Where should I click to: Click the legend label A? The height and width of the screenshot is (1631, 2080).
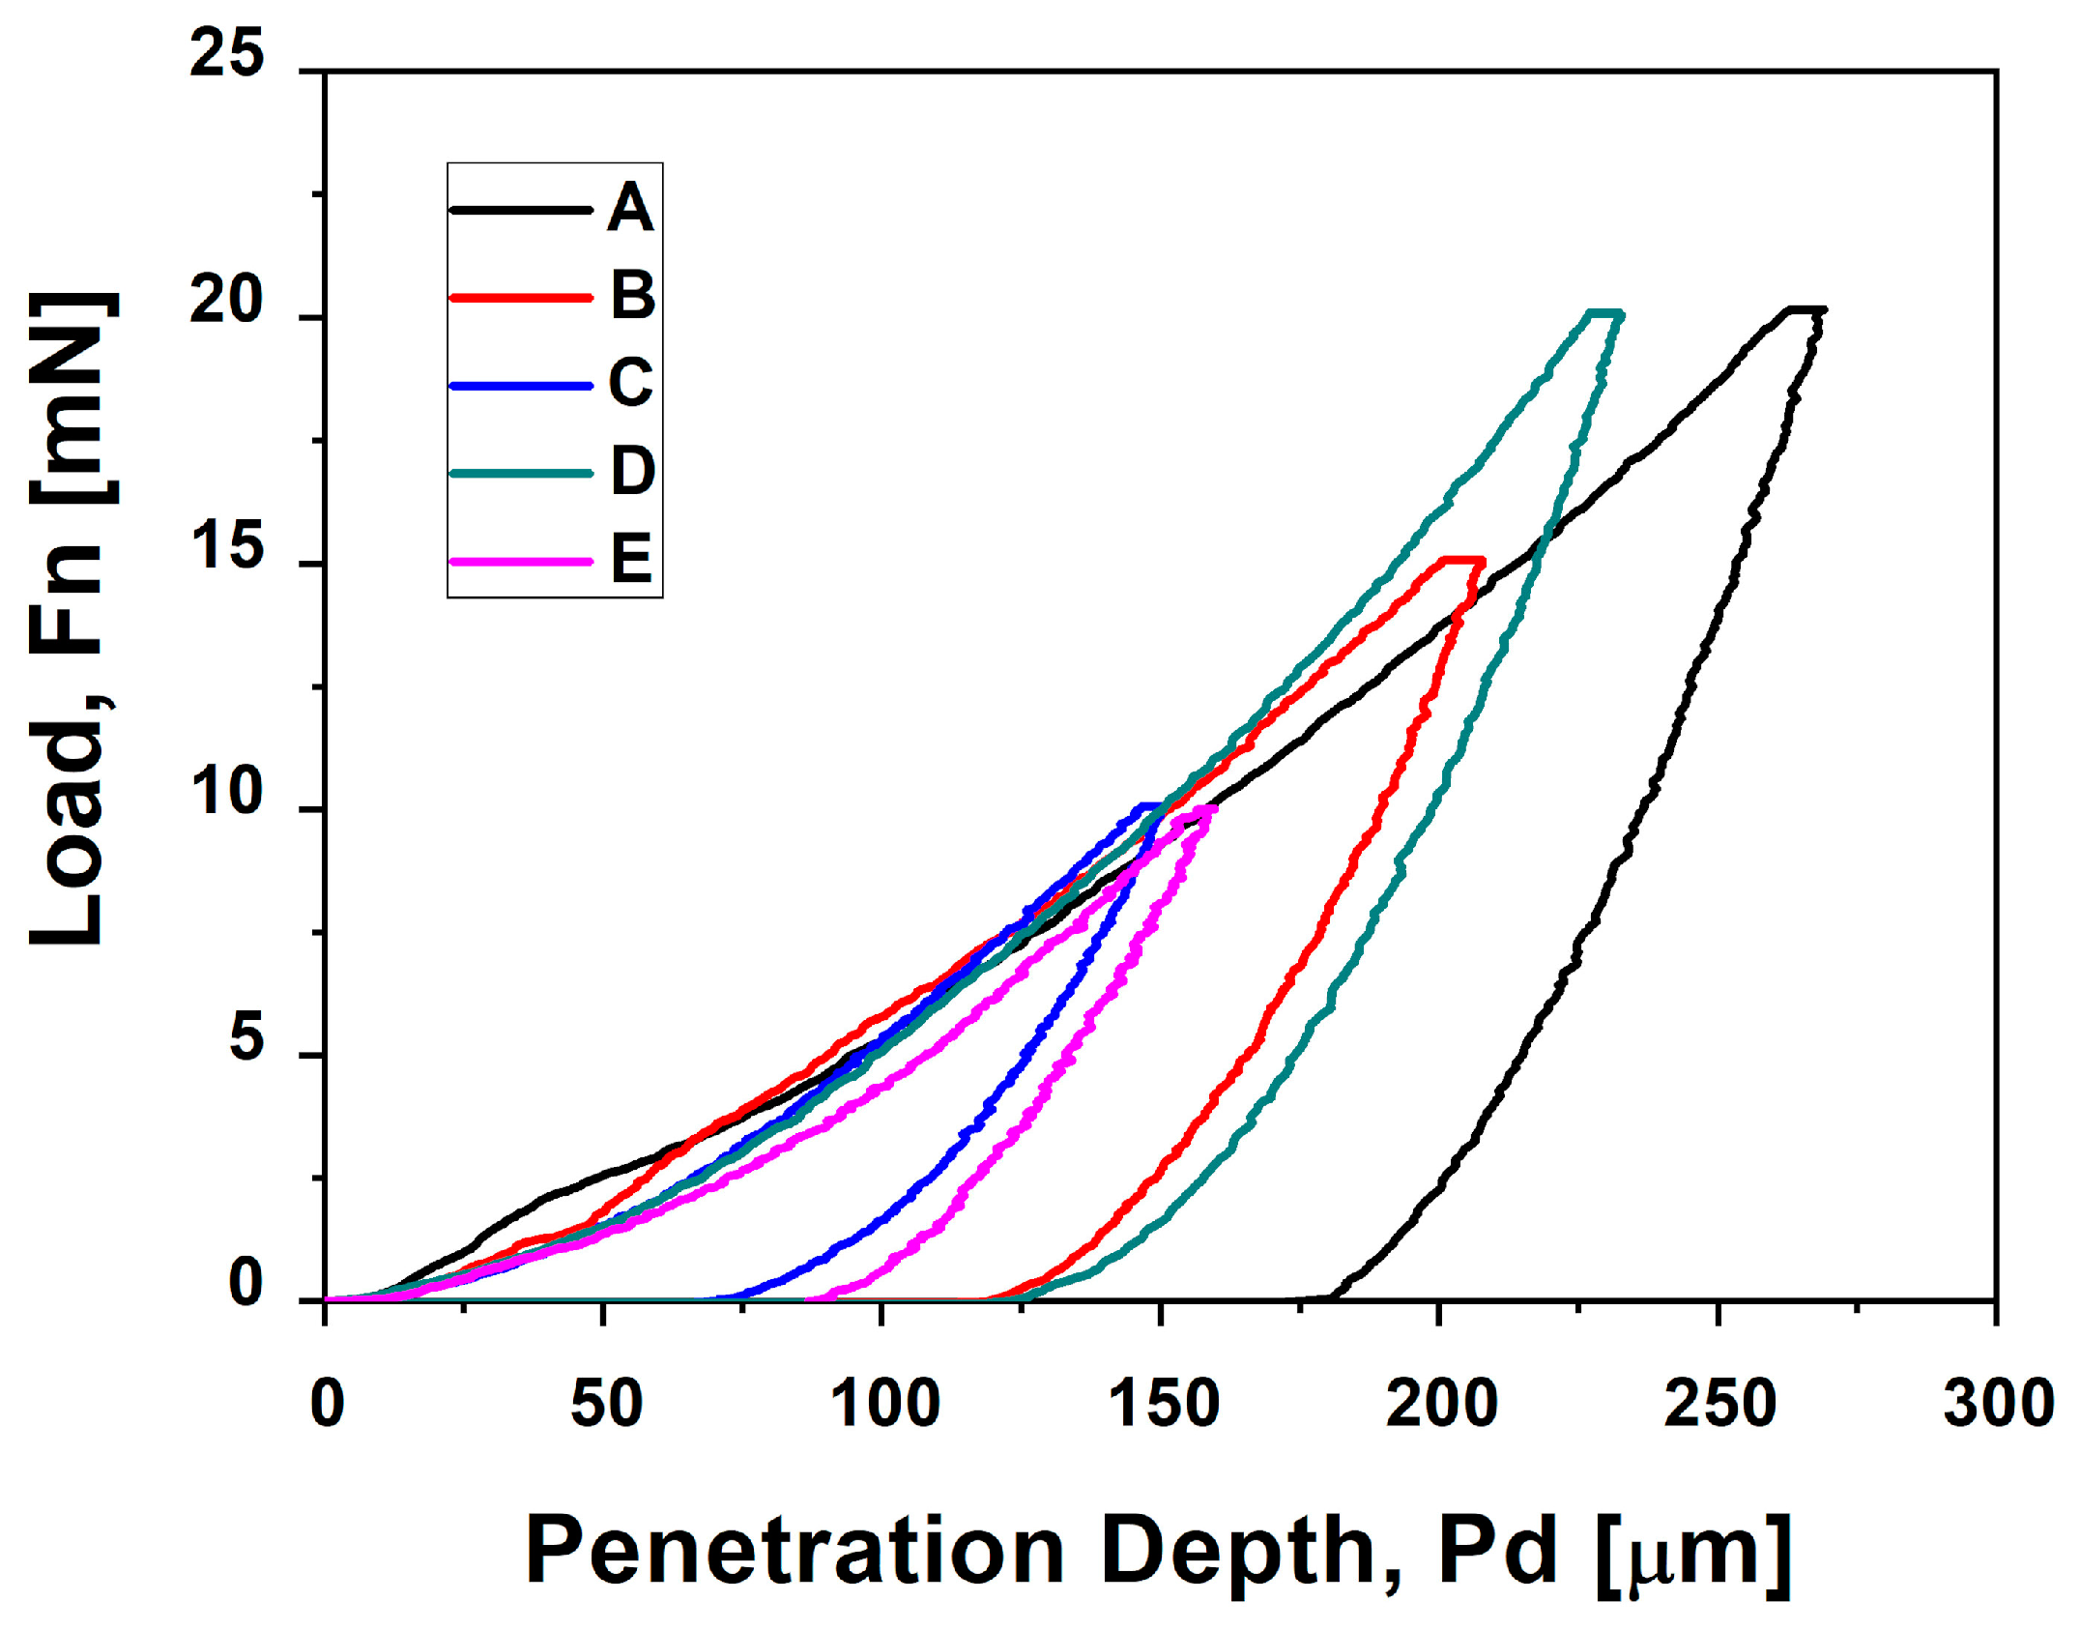630,208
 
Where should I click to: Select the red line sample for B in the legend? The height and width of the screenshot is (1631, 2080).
520,297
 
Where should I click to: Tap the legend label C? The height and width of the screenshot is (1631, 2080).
630,383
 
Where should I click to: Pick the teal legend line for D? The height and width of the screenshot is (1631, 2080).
520,473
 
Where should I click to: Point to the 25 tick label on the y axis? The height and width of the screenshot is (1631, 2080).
226,53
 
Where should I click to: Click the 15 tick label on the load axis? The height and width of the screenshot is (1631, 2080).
226,547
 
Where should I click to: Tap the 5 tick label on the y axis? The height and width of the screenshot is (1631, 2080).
246,1040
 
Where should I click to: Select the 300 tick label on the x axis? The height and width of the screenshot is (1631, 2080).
1997,1405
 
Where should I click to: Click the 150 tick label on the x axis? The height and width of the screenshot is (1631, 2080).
1162,1405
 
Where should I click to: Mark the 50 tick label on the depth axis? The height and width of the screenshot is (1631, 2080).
606,1405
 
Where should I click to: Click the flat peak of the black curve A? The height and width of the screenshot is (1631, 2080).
1804,310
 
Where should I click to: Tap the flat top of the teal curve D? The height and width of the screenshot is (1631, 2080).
1603,314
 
